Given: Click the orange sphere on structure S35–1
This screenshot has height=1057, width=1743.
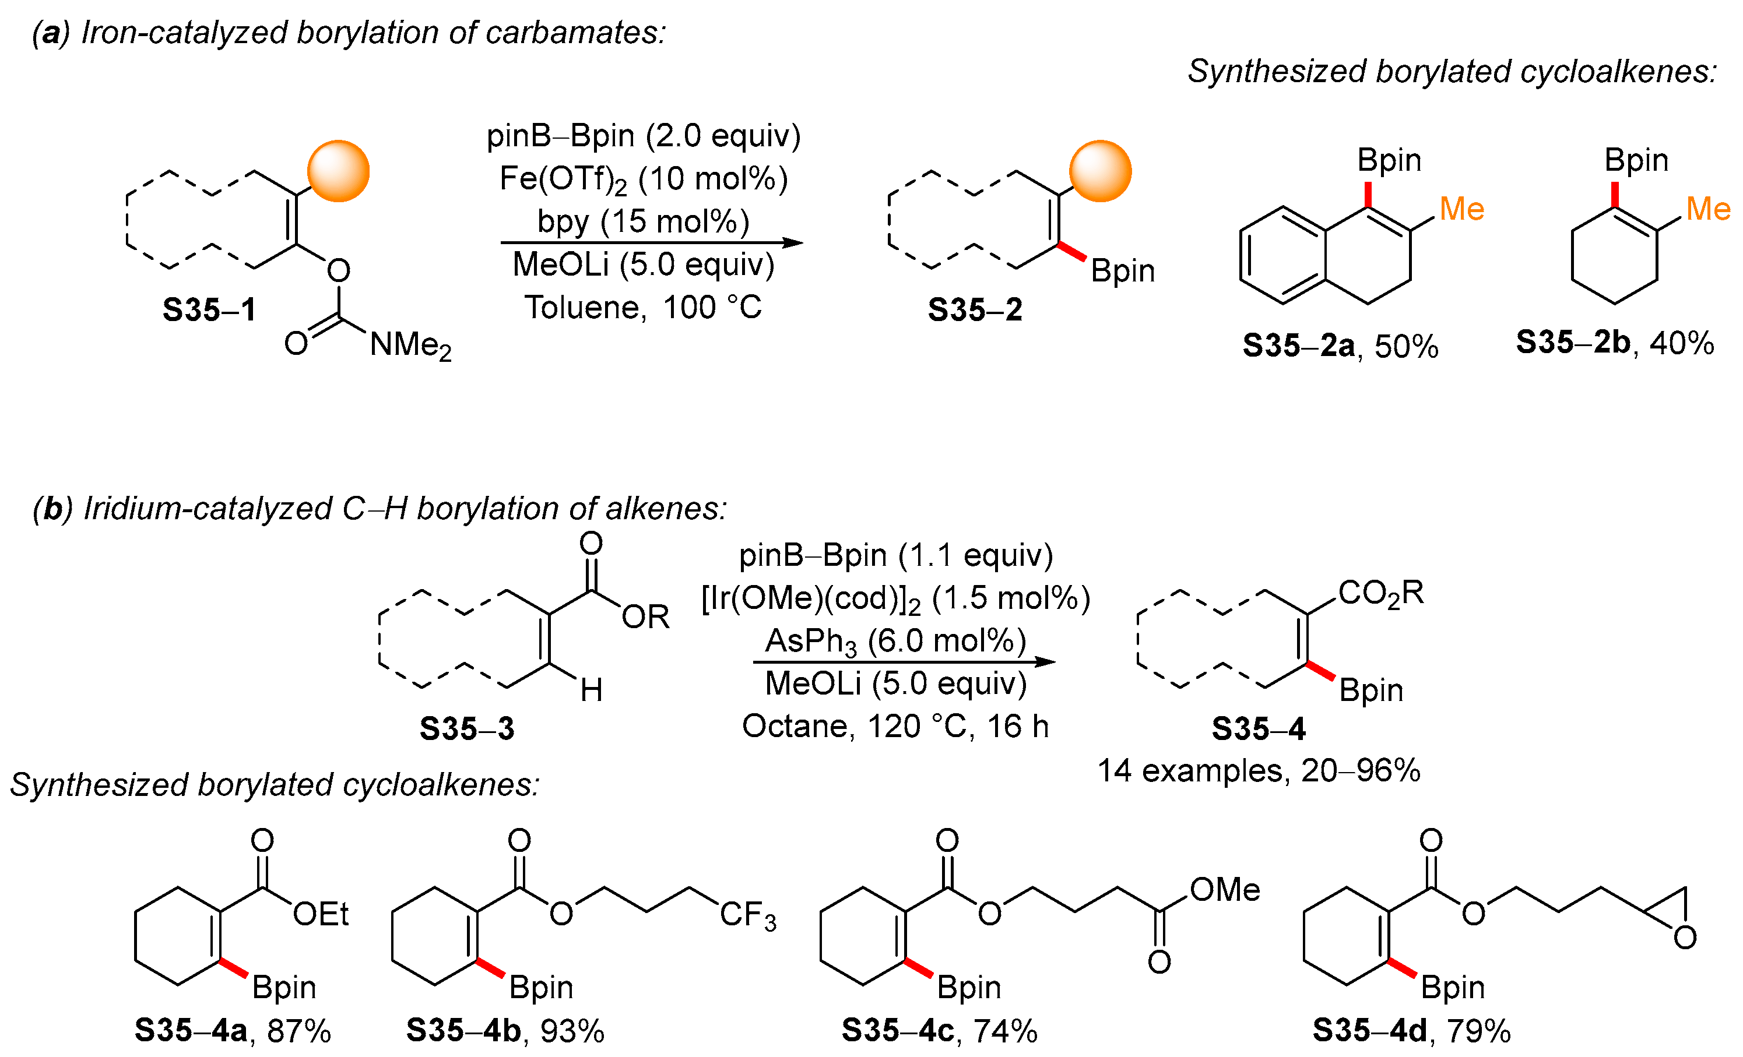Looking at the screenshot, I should click(338, 171).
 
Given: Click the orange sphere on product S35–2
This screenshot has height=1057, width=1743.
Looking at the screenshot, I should click(1100, 171).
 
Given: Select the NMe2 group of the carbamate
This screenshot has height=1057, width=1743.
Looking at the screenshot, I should click(410, 346).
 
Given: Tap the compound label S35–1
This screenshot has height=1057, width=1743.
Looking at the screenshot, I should click(209, 309).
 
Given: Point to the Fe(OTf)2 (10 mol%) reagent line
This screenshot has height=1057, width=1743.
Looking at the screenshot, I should click(643, 179).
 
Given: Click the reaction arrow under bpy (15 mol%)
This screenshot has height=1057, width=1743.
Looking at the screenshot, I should click(651, 242).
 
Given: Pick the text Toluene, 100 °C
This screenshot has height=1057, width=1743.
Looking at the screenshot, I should click(643, 308).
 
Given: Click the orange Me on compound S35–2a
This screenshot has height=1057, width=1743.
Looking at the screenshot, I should click(1461, 209).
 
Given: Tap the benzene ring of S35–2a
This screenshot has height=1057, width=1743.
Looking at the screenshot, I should click(1282, 255).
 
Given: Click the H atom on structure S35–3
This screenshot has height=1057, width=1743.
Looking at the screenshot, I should click(591, 690).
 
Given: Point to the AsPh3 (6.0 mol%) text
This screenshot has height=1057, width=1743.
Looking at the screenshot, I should click(895, 642).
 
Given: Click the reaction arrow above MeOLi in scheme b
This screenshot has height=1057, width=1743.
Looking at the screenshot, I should click(904, 662).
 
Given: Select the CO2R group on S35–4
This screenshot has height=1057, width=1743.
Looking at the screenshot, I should click(1380, 593).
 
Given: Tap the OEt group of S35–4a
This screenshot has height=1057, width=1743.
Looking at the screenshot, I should click(321, 914).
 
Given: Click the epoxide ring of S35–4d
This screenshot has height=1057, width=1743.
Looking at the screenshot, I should click(1675, 915).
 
